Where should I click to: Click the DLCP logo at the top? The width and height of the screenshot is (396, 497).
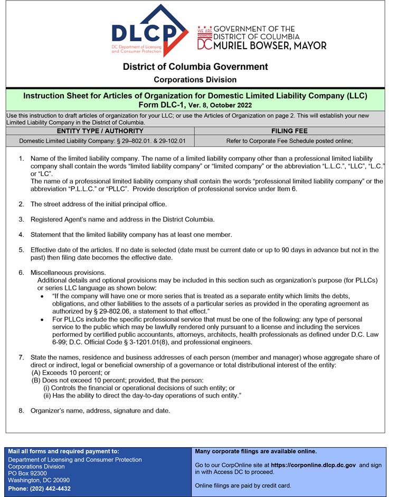point(149,32)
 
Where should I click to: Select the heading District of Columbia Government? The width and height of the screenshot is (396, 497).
point(195,67)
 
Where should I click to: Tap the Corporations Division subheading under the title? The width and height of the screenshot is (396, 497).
point(195,80)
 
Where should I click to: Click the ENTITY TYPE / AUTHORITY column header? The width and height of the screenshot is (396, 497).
point(100,131)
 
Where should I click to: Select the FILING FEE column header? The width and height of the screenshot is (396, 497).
point(289,131)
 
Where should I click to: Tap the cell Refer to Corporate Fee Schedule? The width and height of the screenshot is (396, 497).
point(289,141)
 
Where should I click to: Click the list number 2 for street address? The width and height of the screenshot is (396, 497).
point(21,204)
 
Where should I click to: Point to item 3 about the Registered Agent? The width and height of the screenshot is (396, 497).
point(122,219)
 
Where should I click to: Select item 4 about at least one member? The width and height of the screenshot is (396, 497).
point(131,235)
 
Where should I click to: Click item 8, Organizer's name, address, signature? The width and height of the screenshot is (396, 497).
point(100,411)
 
